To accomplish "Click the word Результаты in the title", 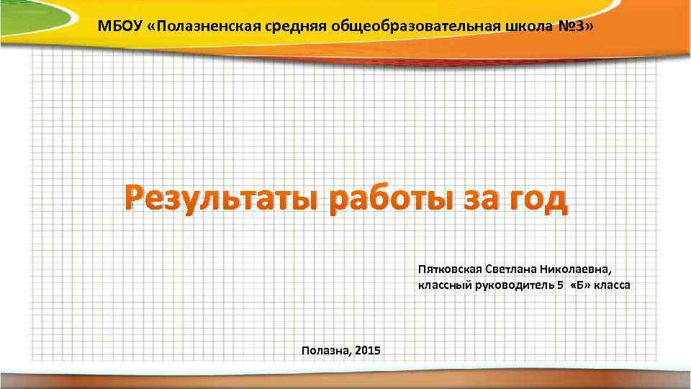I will (220, 200).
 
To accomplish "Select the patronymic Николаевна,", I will (580, 269).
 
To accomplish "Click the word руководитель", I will (512, 285).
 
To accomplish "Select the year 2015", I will (369, 350).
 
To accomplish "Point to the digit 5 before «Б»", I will (560, 285).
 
